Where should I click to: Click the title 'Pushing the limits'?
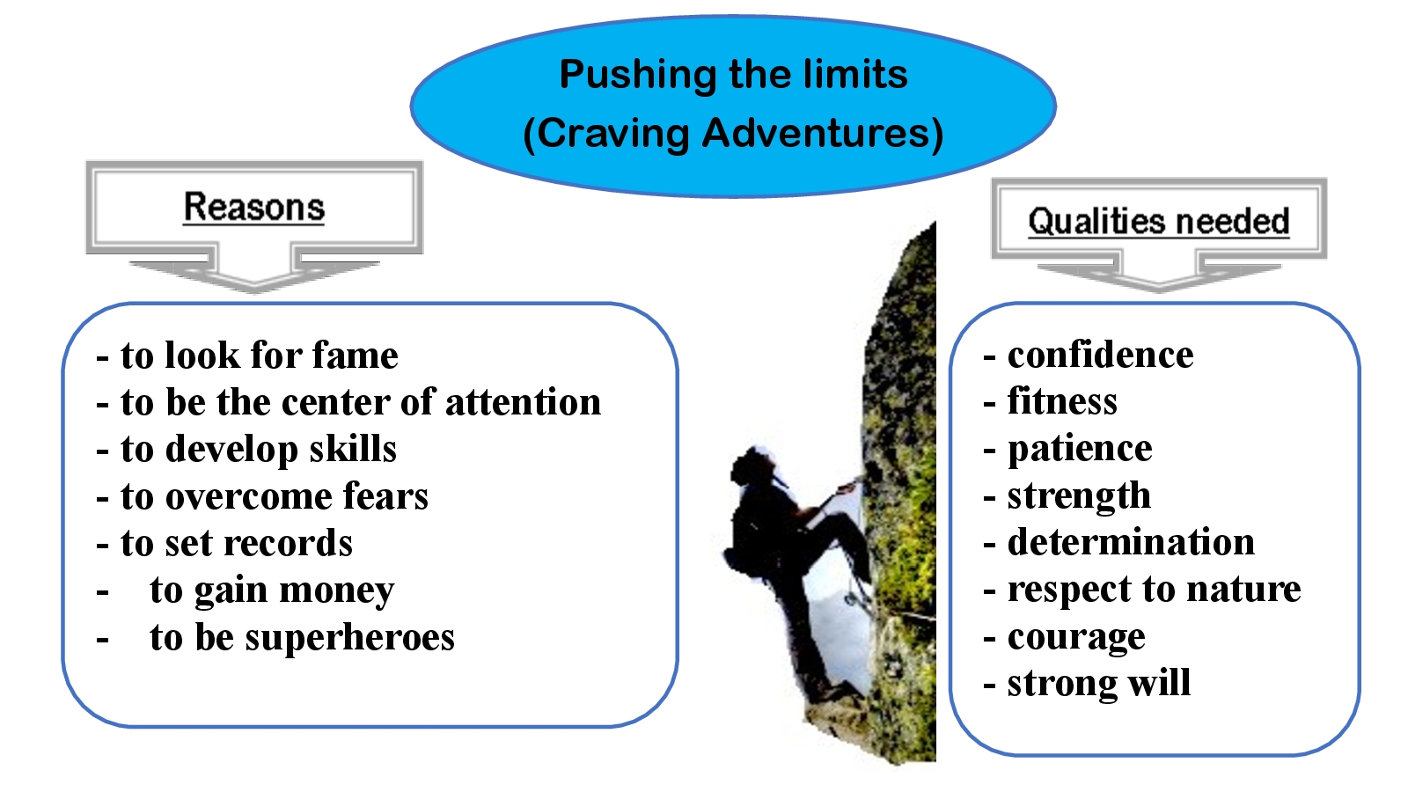click(x=734, y=75)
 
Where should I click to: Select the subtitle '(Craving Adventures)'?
click(x=734, y=134)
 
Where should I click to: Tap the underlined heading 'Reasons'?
click(x=254, y=207)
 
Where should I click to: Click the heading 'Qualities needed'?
click(x=1158, y=221)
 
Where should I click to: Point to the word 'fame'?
click(x=356, y=356)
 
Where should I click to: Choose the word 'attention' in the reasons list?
click(x=523, y=402)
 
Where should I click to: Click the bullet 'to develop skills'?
click(x=246, y=450)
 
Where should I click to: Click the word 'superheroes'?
click(x=349, y=639)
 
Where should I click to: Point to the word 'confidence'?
click(x=1100, y=356)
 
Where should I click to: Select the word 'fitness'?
click(x=1062, y=401)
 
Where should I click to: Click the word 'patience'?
click(x=1080, y=450)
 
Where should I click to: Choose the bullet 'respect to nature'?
click(x=1142, y=590)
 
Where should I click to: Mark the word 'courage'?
click(x=1076, y=639)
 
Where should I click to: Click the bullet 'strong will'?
click(x=1087, y=683)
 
